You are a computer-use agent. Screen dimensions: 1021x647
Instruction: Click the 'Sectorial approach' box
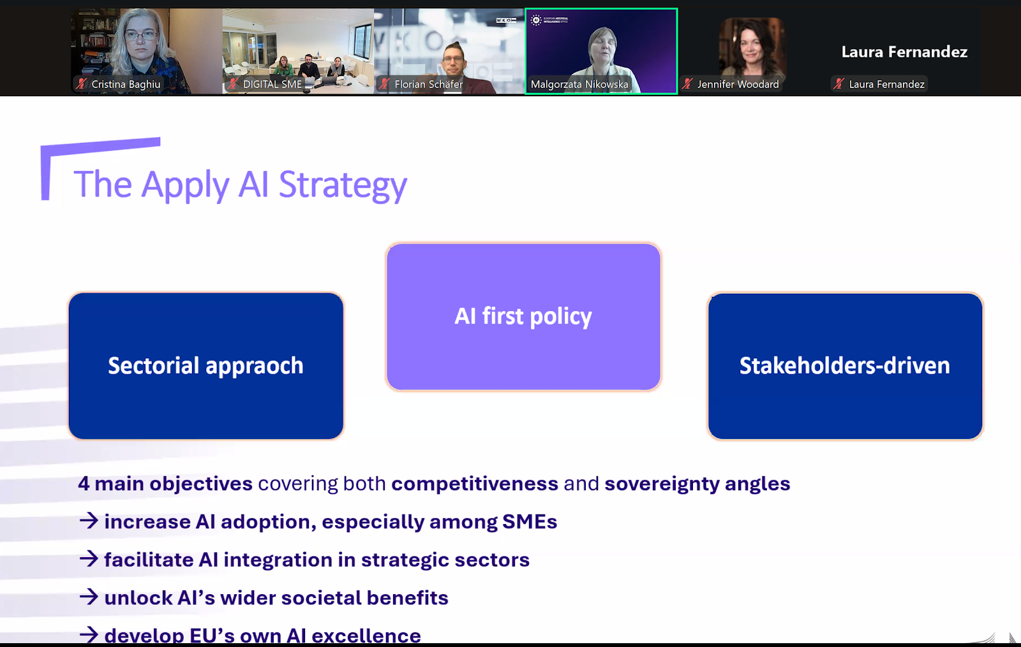click(206, 366)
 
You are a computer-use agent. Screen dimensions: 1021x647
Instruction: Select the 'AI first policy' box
click(523, 317)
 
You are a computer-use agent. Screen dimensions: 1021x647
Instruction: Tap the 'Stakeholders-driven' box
click(845, 366)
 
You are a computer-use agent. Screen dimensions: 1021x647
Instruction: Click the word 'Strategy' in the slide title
click(343, 185)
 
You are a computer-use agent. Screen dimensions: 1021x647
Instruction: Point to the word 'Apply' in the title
click(185, 185)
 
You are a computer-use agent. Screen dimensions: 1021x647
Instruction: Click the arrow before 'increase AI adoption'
click(89, 520)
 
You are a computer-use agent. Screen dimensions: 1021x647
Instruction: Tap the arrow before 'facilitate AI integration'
click(89, 558)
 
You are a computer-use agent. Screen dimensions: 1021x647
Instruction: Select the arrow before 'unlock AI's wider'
click(89, 597)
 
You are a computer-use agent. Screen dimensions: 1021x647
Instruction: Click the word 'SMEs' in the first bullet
click(530, 522)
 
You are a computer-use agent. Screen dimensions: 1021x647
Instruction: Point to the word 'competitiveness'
click(475, 484)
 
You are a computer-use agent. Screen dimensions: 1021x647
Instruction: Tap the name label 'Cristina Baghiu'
click(126, 84)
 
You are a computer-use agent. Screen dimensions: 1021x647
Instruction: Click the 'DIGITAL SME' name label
click(272, 84)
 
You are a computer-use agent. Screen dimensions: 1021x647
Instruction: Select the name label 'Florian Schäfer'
click(428, 84)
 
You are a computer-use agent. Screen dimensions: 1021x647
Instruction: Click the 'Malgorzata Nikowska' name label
click(579, 84)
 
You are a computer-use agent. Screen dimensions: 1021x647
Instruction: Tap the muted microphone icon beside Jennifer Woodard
click(687, 84)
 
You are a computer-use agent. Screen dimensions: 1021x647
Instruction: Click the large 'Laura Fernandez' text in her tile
click(904, 52)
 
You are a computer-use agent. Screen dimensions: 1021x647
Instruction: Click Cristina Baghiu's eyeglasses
click(140, 35)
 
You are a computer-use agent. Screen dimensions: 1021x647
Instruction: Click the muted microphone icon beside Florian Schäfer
click(384, 84)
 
